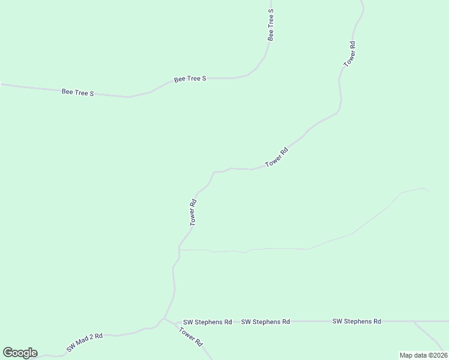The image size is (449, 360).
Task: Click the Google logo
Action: (x=20, y=353)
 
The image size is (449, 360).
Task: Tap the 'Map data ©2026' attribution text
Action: (x=423, y=355)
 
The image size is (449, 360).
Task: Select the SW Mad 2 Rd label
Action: (x=85, y=342)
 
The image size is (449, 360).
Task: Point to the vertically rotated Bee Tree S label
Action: (x=271, y=25)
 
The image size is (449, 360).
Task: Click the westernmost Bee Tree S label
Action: (x=78, y=93)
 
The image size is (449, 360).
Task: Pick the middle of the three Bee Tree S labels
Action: (x=190, y=79)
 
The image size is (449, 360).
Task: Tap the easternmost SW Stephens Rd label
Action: (x=357, y=322)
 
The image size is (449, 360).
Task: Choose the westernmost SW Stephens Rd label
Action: (x=208, y=322)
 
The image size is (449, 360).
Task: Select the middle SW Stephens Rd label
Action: (x=265, y=322)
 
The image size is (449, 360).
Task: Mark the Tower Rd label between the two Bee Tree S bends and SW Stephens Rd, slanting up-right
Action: (x=277, y=158)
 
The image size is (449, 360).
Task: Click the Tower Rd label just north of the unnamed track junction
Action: (x=193, y=212)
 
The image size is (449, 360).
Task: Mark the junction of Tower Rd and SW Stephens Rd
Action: (x=164, y=320)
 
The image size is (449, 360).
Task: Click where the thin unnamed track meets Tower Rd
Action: (x=179, y=250)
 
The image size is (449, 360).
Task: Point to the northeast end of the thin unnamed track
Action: (x=427, y=190)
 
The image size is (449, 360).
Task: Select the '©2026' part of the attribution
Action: (x=435, y=355)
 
